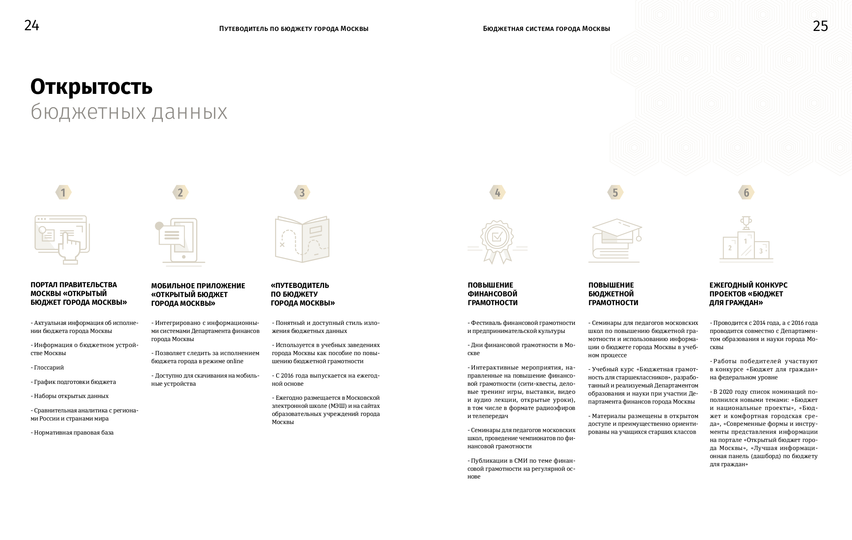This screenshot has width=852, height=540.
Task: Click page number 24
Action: [x=32, y=25]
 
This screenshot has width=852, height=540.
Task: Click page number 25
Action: [x=820, y=26]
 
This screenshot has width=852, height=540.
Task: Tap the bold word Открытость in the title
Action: [x=91, y=86]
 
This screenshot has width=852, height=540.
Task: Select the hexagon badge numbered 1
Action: [x=63, y=193]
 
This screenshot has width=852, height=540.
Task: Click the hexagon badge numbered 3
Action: [x=302, y=193]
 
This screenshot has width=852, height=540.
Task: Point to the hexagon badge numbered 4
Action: [x=497, y=193]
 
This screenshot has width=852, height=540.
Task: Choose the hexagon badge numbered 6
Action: [x=746, y=193]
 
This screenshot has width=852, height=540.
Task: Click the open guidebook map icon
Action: [x=302, y=239]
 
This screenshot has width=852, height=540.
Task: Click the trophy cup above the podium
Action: [x=746, y=223]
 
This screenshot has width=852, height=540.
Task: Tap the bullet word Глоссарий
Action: [x=49, y=367]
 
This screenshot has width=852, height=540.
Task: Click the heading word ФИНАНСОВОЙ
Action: [x=492, y=294]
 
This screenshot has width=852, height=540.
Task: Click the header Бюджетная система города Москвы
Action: [x=546, y=28]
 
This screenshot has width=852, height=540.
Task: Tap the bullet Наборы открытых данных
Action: [x=71, y=396]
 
